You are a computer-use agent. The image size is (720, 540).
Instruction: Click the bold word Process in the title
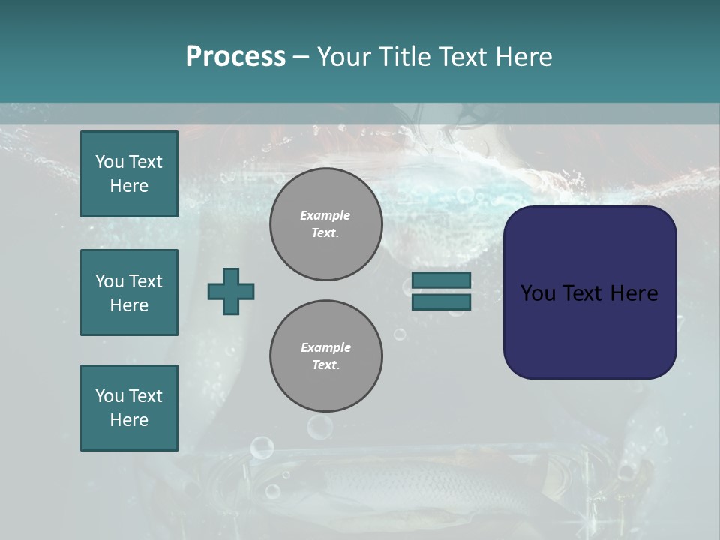(x=235, y=57)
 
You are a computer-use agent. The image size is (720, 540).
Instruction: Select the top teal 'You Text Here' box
(x=129, y=174)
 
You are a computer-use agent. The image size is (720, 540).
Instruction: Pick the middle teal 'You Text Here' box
(x=129, y=292)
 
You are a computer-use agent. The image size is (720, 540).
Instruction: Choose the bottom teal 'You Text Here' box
(x=129, y=408)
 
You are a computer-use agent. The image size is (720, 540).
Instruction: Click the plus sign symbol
(x=231, y=291)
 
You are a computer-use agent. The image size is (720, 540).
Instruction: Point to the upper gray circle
(x=325, y=224)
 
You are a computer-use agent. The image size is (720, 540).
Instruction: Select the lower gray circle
(x=325, y=356)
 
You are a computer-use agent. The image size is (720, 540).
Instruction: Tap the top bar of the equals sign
(x=441, y=280)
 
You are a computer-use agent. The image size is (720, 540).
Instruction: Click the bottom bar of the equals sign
(x=441, y=301)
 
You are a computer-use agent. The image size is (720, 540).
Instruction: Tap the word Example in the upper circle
(x=325, y=216)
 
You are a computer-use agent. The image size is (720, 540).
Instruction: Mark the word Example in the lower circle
(x=325, y=348)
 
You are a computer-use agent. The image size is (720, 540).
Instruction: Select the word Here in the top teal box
(x=129, y=186)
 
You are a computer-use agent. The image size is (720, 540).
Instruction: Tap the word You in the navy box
(x=538, y=293)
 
